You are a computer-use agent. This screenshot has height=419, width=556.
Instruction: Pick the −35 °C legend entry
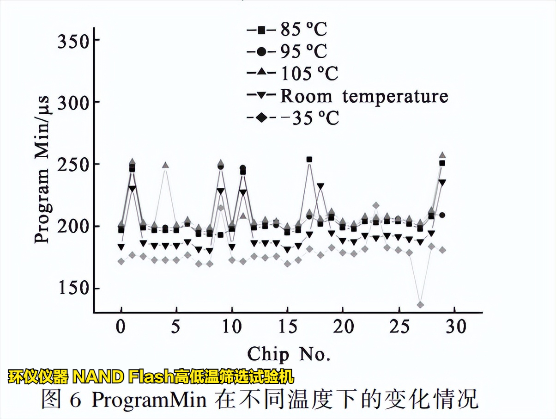point(294,118)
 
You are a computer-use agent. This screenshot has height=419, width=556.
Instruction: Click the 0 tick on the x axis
point(121,327)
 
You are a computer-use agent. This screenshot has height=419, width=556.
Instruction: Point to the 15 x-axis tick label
point(287,327)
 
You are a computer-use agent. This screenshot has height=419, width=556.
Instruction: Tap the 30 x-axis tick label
point(455,327)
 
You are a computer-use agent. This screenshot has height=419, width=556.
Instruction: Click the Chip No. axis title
point(289,354)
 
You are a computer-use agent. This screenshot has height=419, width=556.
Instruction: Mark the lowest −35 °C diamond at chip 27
point(420,305)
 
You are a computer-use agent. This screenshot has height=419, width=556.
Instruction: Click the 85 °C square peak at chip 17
point(309,160)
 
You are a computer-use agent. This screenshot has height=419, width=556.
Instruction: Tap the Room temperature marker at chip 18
point(320,186)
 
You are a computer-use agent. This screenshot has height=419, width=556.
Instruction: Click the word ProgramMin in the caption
point(149,399)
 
